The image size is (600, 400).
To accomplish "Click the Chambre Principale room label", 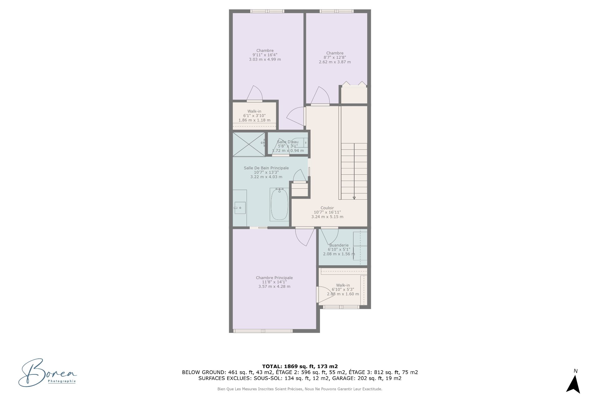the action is [x=274, y=278].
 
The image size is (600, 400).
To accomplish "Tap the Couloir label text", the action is [x=327, y=208].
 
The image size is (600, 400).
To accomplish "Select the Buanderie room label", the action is [x=339, y=245].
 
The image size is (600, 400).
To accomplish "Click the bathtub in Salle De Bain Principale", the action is [x=279, y=204].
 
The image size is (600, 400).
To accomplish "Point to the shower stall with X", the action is [x=249, y=144].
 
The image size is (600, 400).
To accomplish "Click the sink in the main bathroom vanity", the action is [x=240, y=207].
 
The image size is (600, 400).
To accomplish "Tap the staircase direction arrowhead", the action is [x=354, y=198].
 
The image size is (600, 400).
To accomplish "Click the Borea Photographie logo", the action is [x=47, y=372].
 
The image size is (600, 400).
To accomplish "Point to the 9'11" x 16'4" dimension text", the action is [x=265, y=55].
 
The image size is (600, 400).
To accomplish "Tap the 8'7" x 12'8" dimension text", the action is [x=335, y=57].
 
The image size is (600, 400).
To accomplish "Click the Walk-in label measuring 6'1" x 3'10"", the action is [x=254, y=111].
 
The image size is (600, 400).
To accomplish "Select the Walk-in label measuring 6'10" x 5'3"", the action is [x=343, y=285].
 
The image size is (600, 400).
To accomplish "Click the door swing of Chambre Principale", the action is [x=305, y=237].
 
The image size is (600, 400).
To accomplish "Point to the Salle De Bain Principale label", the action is [x=266, y=168].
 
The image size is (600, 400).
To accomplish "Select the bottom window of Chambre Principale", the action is [x=263, y=331].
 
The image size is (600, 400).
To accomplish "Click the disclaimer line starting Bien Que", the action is [x=300, y=389].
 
